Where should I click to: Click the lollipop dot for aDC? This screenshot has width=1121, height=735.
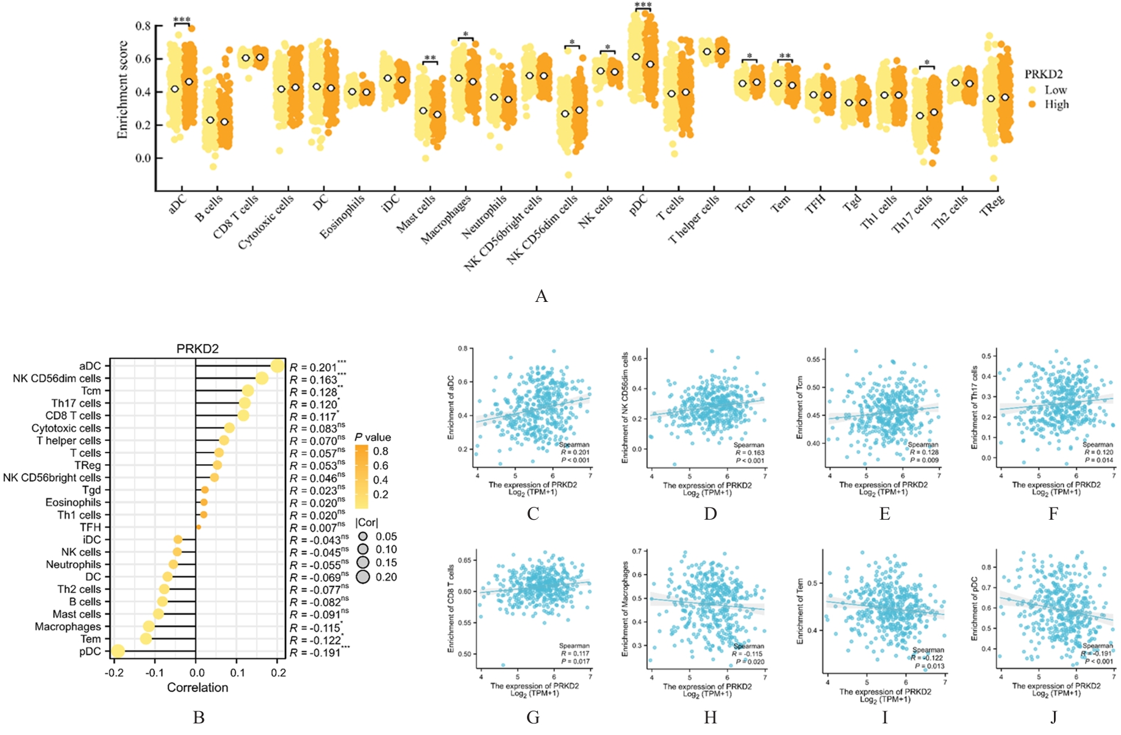(x=278, y=366)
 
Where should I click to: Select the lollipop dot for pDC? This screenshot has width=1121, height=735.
(x=118, y=651)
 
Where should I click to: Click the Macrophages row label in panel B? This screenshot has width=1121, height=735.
(x=68, y=627)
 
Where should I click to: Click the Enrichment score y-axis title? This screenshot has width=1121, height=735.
(x=123, y=90)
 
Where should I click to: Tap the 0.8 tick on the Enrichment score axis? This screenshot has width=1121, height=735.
(x=143, y=26)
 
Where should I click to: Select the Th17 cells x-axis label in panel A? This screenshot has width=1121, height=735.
(x=912, y=215)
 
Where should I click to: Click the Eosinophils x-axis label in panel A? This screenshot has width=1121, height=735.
(x=342, y=217)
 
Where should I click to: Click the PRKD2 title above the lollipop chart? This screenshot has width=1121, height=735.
(x=197, y=349)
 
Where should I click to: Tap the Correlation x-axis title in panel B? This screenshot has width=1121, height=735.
(x=197, y=687)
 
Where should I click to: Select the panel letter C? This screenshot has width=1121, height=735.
(x=533, y=514)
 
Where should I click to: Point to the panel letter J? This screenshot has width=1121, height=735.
(x=1053, y=717)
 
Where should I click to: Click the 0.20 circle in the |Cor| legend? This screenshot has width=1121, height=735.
(x=364, y=577)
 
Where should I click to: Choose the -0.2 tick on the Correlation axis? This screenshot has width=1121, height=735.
(x=113, y=673)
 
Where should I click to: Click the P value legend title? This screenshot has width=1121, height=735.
(x=373, y=437)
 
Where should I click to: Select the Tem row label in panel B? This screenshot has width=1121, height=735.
(x=91, y=639)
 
